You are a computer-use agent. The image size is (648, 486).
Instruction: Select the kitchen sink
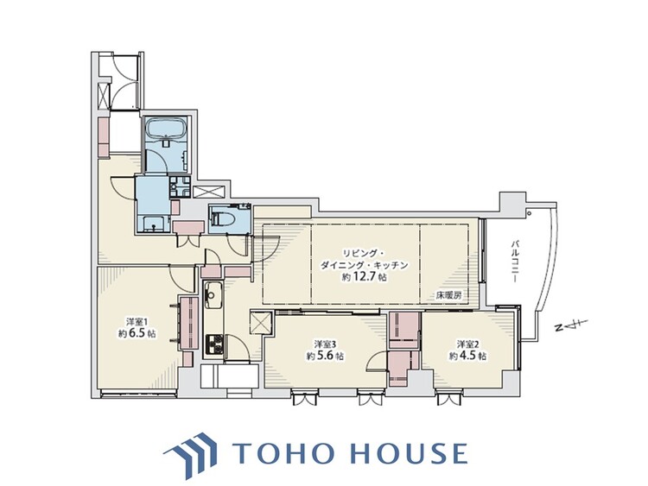[213, 295]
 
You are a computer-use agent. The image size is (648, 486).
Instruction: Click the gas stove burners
[214, 344]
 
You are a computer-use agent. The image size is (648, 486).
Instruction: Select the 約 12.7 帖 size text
[365, 277]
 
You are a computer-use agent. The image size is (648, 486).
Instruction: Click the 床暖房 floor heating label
[448, 295]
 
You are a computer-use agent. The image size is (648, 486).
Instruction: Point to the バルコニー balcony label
[515, 260]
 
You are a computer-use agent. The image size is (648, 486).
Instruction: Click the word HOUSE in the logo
[410, 453]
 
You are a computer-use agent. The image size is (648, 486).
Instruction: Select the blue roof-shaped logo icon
[191, 454]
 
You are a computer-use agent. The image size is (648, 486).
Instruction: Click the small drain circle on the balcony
[530, 213]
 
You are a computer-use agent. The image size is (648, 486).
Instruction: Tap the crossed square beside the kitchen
[261, 323]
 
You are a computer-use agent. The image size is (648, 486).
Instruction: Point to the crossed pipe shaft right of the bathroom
[209, 192]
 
